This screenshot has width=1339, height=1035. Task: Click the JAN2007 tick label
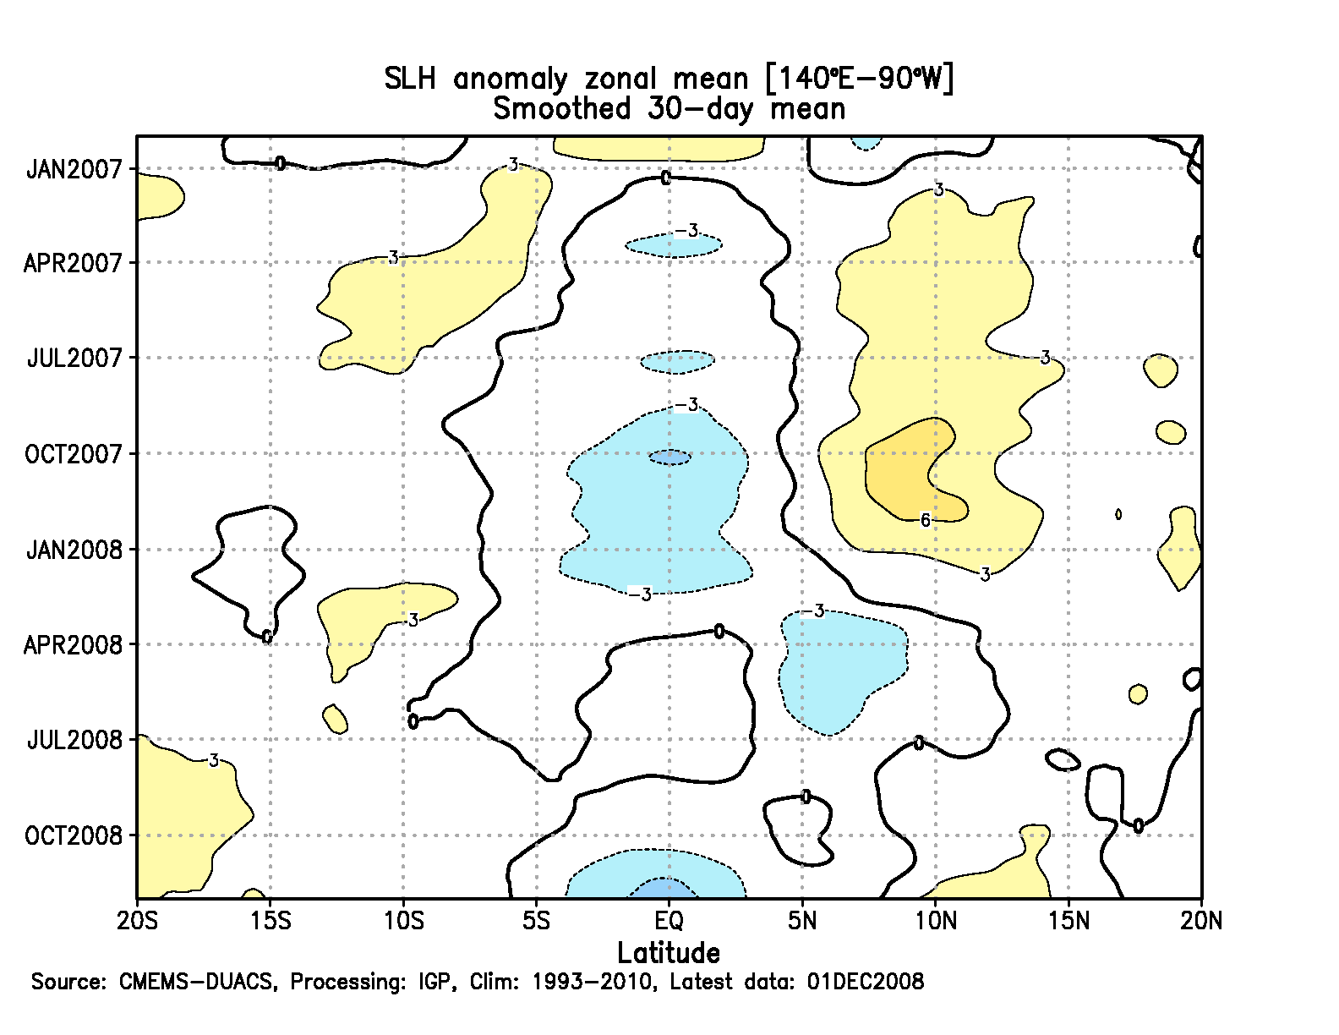74,169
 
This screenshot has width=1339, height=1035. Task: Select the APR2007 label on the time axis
74,263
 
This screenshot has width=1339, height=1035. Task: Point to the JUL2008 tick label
74,741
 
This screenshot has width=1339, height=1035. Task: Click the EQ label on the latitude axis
669,920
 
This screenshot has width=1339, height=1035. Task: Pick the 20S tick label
138,920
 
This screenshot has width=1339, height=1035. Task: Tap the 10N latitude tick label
935,920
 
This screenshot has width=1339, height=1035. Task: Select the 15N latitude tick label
1068,920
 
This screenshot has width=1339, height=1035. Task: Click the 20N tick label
1201,920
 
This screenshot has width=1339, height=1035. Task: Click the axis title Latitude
669,953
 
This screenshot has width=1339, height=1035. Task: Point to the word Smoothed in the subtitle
562,109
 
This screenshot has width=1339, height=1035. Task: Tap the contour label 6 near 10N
926,520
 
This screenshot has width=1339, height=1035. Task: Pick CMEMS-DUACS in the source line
196,982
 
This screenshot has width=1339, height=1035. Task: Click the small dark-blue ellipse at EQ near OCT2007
669,457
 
